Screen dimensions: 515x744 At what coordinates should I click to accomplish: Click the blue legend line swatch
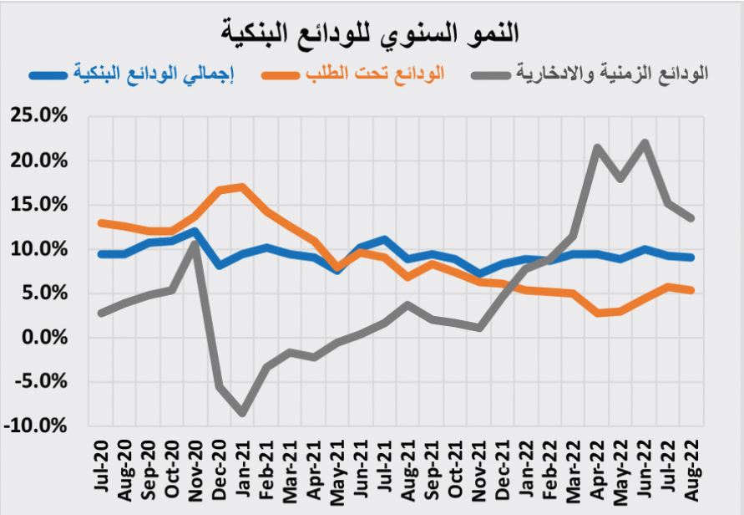[x=53, y=74]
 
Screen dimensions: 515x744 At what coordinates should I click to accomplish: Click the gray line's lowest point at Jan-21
[x=242, y=413]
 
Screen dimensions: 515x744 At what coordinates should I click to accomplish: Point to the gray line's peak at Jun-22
[x=645, y=143]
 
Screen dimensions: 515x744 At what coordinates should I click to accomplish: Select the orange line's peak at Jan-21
[x=242, y=186]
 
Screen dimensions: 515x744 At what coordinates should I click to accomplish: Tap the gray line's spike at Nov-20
[x=195, y=243]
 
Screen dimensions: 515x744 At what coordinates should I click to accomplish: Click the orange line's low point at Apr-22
[x=598, y=313]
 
